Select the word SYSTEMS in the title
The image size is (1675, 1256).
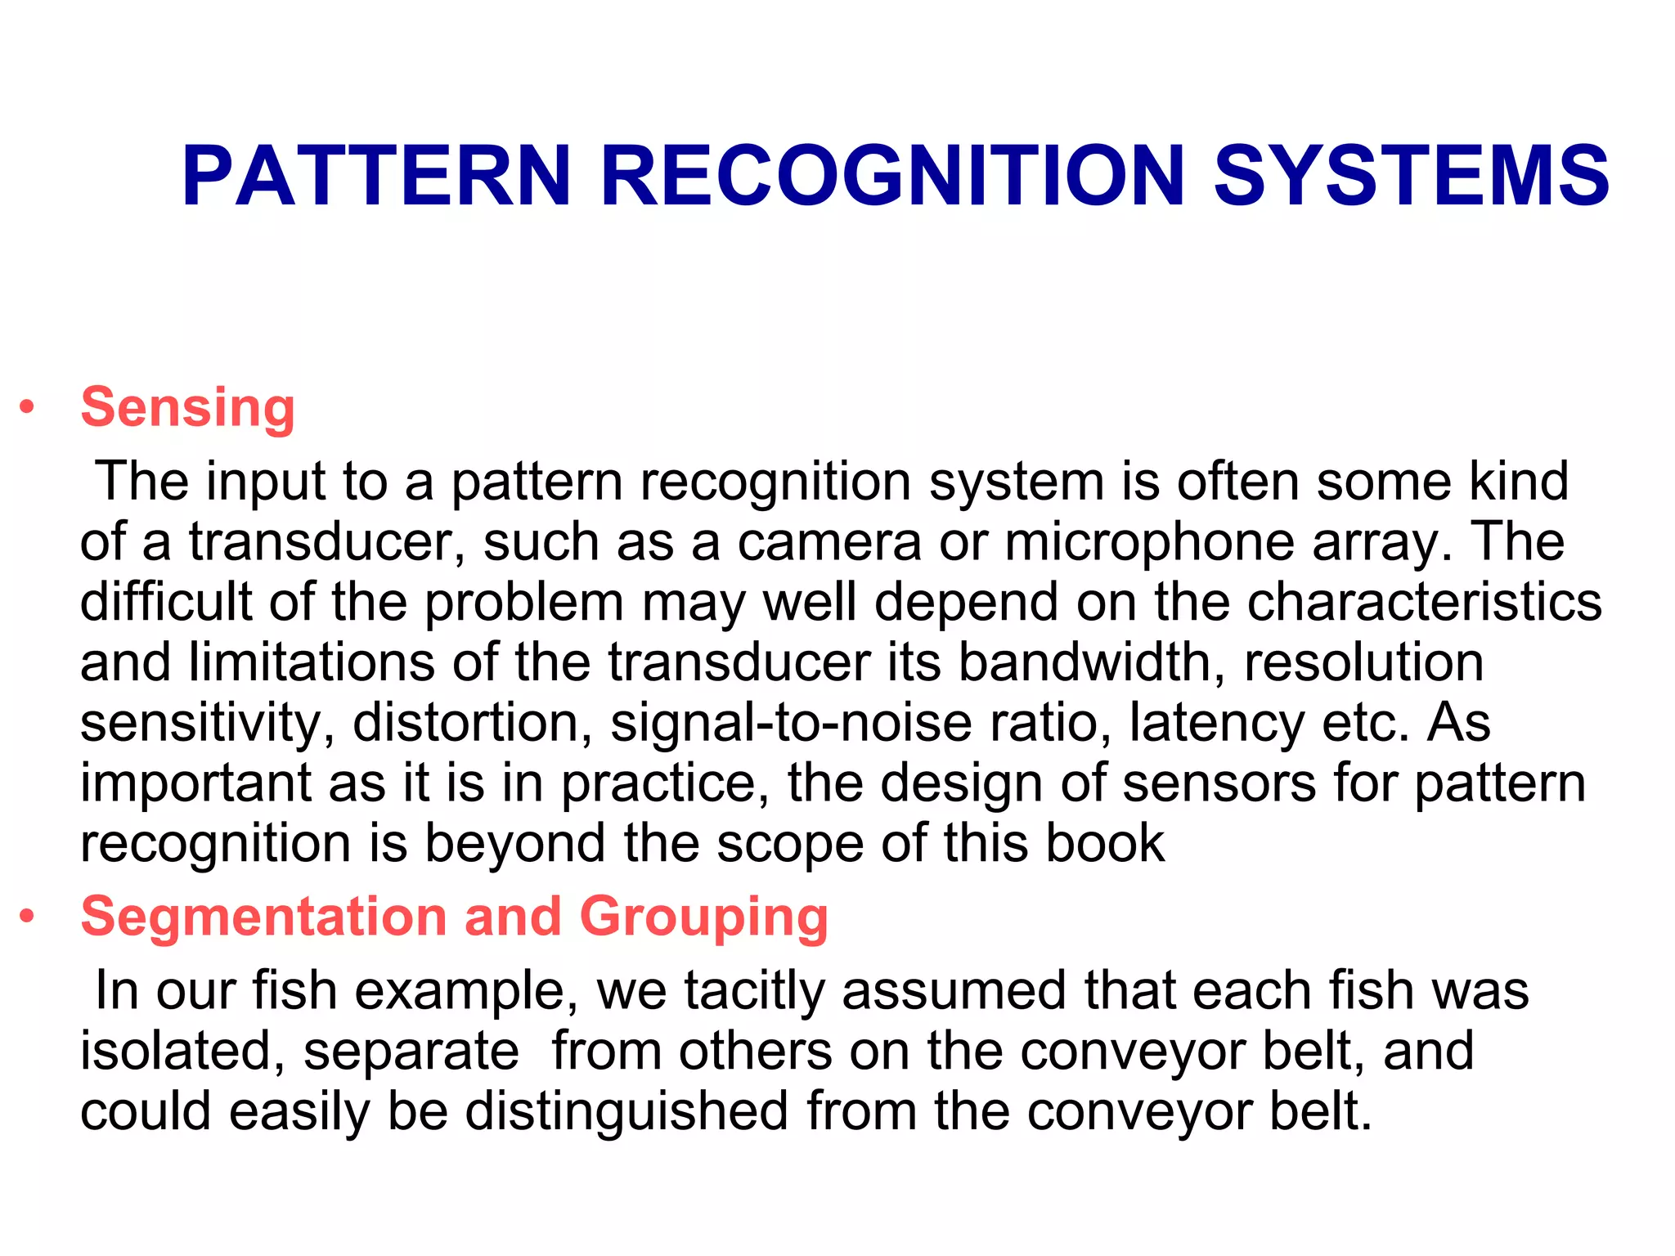pyautogui.click(x=1411, y=176)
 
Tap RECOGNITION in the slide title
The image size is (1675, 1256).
pyautogui.click(x=892, y=176)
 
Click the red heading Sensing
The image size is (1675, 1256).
pyautogui.click(x=187, y=407)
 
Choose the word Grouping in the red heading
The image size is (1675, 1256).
pyautogui.click(x=703, y=917)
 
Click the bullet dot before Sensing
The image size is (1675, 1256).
pyautogui.click(x=28, y=407)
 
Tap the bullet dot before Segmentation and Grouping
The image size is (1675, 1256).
pyautogui.click(x=28, y=917)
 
